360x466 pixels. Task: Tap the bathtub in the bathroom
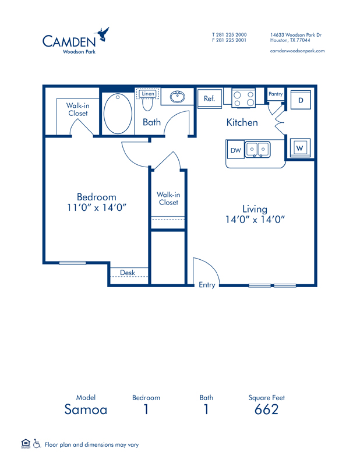click(118, 114)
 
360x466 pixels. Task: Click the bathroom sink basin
click(178, 97)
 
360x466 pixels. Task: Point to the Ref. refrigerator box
click(210, 98)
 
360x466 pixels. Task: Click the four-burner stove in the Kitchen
click(243, 98)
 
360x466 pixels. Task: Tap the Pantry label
click(276, 94)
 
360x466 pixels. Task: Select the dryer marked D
click(301, 100)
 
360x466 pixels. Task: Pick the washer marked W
click(300, 148)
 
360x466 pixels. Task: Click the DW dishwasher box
click(235, 150)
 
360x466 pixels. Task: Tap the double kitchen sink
click(257, 149)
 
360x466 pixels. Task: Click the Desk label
click(128, 273)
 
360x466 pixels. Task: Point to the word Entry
click(207, 285)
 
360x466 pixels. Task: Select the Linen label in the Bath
click(148, 94)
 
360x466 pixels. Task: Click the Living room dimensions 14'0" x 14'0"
click(255, 220)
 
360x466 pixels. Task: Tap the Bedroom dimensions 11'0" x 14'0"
click(97, 207)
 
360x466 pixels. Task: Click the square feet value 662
click(266, 409)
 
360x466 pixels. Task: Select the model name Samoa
click(86, 409)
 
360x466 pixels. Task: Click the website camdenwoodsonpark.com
click(297, 51)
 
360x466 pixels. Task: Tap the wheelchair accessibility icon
click(37, 443)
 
